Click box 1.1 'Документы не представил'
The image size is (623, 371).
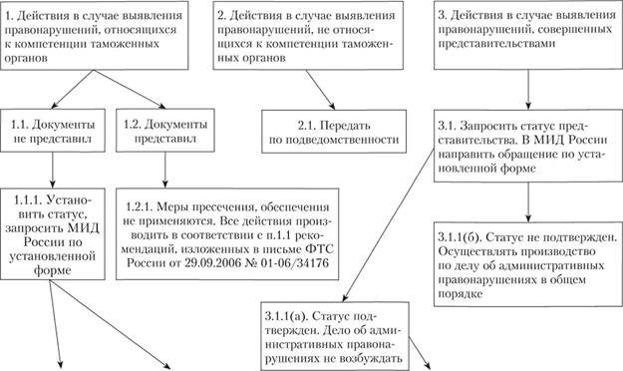[54, 132]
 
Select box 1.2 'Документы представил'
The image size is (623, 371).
[160, 132]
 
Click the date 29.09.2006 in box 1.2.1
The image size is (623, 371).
[228, 265]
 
